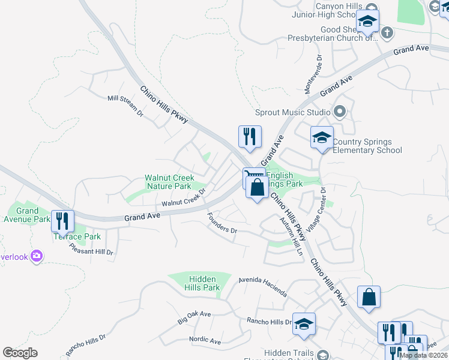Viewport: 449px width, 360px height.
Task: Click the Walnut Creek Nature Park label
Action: tap(167, 182)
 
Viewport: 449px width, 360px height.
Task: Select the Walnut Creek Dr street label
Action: tap(184, 198)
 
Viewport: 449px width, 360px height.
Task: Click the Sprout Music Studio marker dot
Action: tap(340, 112)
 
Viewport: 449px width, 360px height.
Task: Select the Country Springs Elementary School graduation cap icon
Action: tap(322, 137)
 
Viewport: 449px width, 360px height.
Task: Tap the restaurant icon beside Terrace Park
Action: tap(62, 221)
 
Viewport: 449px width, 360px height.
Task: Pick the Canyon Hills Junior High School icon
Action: tap(367, 22)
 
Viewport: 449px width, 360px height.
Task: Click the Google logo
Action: tap(20, 353)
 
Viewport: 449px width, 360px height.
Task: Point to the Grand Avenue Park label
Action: tap(28, 215)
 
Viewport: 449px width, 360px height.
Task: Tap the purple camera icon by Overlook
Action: tap(37, 256)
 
